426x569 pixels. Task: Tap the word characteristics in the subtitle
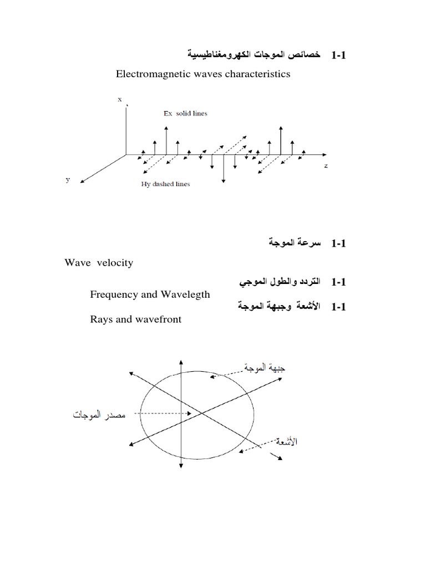(258, 74)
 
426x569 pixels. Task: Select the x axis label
(119, 99)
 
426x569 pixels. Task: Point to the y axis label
(68, 180)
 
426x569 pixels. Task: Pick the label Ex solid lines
(185, 113)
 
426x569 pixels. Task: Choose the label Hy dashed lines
(165, 184)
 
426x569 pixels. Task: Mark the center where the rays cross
(200, 412)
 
